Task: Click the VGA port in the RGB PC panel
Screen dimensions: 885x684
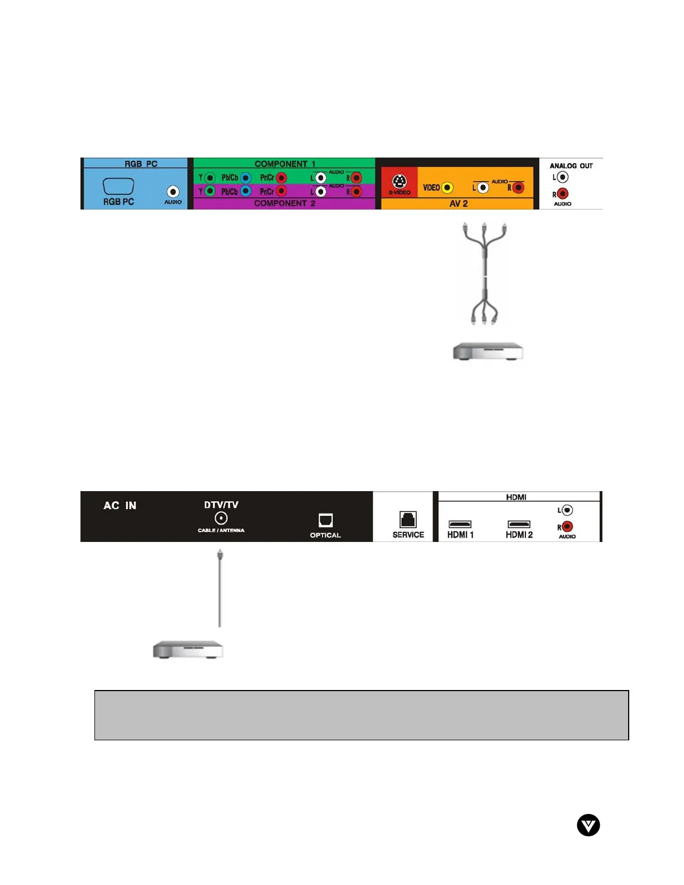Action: click(118, 186)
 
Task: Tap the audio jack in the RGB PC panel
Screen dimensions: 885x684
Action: click(173, 192)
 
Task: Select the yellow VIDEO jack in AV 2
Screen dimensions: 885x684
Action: click(447, 188)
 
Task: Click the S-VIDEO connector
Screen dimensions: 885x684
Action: click(399, 182)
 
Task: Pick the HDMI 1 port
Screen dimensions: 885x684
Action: click(460, 524)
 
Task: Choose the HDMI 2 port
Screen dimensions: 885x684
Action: click(519, 524)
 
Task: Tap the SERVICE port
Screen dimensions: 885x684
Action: click(408, 520)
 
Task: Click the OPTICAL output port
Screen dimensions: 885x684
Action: click(325, 520)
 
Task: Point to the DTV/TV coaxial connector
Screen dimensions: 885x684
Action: click(221, 518)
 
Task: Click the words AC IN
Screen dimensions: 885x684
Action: click(120, 506)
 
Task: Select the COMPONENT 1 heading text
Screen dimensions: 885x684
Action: click(285, 164)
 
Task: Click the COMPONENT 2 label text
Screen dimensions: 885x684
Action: click(285, 203)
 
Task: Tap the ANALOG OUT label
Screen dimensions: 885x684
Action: click(571, 166)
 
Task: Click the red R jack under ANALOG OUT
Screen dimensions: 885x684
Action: click(563, 194)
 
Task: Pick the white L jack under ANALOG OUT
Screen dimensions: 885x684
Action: click(563, 177)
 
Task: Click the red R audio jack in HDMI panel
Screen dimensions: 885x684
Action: click(567, 527)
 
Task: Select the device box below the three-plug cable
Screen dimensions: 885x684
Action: click(488, 352)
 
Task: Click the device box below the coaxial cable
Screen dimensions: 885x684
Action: click(188, 650)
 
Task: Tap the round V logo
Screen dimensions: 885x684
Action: click(588, 825)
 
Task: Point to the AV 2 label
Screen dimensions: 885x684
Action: click(459, 204)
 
